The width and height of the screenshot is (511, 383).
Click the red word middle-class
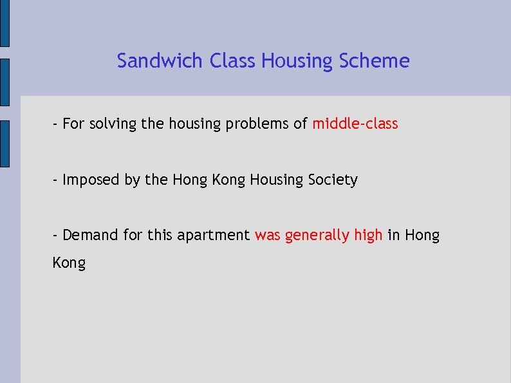355,124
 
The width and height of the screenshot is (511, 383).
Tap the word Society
332,180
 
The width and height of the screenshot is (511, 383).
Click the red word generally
317,236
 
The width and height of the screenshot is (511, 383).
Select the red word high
369,236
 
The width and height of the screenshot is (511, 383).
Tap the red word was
268,236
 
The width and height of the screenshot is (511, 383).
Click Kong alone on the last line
69,263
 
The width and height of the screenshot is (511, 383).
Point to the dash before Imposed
56,180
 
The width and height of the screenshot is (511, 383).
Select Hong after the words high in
422,236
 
